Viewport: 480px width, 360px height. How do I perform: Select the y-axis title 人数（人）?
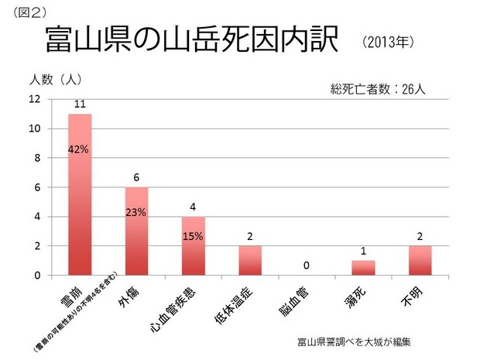pyautogui.click(x=56, y=79)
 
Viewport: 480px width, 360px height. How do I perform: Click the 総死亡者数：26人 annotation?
pyautogui.click(x=378, y=89)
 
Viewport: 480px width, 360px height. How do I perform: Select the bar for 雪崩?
pyautogui.click(x=80, y=194)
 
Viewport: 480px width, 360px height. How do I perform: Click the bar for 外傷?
pyautogui.click(x=136, y=231)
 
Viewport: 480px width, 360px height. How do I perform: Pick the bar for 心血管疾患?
pyautogui.click(x=193, y=245)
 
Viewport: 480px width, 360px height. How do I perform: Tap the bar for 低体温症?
pyautogui.click(x=250, y=260)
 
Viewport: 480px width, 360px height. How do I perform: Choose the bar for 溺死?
pyautogui.click(x=363, y=267)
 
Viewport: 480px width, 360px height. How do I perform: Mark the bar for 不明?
pyautogui.click(x=420, y=260)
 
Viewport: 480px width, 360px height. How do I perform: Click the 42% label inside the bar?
pyautogui.click(x=80, y=149)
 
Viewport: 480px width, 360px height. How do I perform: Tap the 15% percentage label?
pyautogui.click(x=193, y=236)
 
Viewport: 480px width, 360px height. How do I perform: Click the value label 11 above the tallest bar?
pyautogui.click(x=80, y=104)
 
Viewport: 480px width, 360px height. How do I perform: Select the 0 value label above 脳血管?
pyautogui.click(x=307, y=266)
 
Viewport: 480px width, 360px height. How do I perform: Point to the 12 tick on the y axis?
pyautogui.click(x=34, y=99)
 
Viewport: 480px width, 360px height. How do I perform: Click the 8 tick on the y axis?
pyautogui.click(x=36, y=158)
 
